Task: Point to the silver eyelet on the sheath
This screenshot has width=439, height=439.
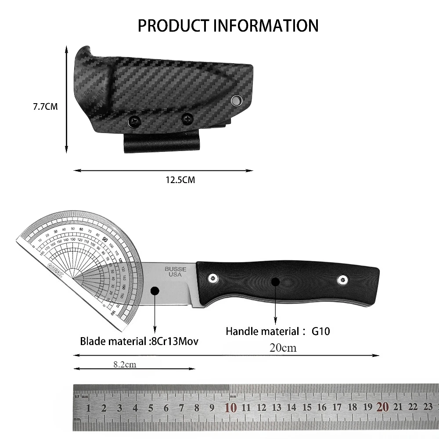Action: tap(237, 101)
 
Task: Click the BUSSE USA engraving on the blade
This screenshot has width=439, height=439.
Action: tap(176, 272)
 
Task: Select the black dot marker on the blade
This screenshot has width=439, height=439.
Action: tap(155, 291)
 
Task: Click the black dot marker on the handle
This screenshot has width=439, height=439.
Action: tap(275, 281)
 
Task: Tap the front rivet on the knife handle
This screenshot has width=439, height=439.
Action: tap(213, 277)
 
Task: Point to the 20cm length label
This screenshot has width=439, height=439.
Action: tap(283, 348)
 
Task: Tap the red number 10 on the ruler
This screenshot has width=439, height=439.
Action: tap(230, 407)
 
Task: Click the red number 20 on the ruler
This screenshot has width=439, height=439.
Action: tap(382, 407)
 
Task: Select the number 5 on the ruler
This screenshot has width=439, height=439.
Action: tap(151, 408)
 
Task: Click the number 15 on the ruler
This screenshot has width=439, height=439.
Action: tap(307, 408)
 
